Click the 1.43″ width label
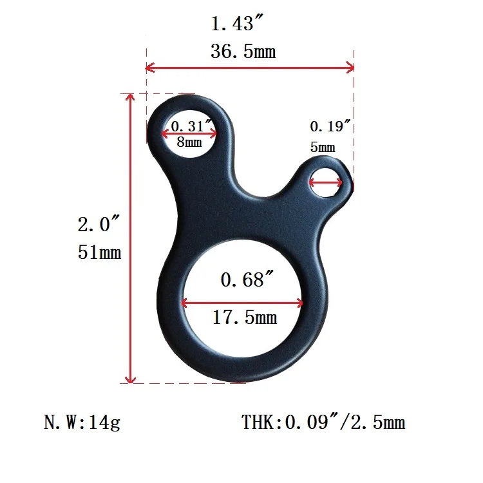click(x=237, y=23)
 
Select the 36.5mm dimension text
click(x=243, y=51)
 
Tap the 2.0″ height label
click(x=99, y=223)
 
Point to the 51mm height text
click(x=99, y=252)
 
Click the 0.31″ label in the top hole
click(x=191, y=126)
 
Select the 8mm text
click(x=189, y=142)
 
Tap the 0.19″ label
click(x=330, y=126)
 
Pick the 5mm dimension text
click(x=323, y=147)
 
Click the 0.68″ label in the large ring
click(x=247, y=279)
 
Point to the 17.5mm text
click(x=245, y=317)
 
